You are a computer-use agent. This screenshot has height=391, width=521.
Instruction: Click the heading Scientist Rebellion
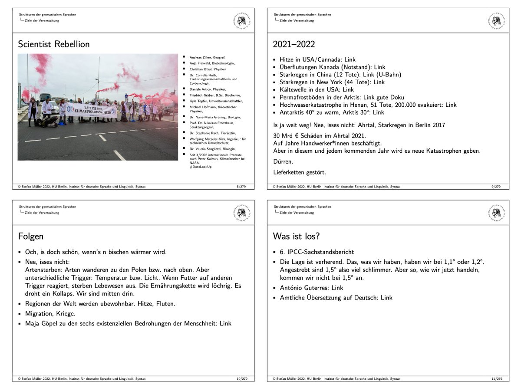pos(54,44)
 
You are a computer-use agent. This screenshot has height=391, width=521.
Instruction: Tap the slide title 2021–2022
pos(293,44)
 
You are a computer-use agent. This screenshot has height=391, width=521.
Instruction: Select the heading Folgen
pos(30,237)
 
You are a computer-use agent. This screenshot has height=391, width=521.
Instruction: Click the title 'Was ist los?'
pos(297,237)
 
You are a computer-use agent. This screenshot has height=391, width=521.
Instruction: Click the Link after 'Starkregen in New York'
pos(379,82)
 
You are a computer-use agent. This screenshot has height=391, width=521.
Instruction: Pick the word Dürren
pos(282,161)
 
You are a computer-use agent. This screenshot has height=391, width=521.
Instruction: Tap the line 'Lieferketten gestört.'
pos(299,172)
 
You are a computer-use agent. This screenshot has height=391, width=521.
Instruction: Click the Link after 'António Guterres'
pos(337,288)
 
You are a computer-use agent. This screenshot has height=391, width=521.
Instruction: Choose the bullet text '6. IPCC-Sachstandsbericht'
pos(317,252)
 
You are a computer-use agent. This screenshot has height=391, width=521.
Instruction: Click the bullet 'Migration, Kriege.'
pos(50,313)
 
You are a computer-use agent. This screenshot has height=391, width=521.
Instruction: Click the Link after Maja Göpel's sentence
pos(225,323)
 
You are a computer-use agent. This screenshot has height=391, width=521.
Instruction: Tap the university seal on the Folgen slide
pos(241,213)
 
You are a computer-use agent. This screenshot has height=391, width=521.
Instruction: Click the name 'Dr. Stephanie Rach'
pos(203,133)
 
